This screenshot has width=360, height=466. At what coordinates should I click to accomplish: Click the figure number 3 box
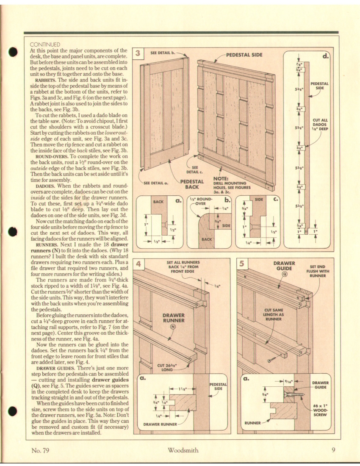tap(138, 53)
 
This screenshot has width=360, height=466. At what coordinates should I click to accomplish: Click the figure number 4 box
tap(138, 264)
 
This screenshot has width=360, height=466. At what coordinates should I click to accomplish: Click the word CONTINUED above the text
tap(45, 44)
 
